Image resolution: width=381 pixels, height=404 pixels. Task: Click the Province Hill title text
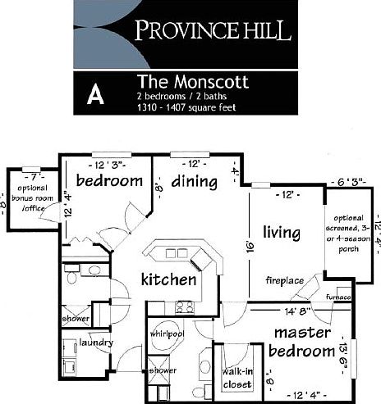213,32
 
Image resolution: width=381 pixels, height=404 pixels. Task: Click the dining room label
195,180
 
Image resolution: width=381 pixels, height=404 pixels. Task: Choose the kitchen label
168,279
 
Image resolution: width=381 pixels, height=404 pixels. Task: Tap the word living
281,233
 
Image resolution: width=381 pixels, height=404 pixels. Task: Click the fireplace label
285,281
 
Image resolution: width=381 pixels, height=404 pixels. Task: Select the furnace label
338,295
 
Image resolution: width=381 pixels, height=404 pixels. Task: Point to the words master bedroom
301,342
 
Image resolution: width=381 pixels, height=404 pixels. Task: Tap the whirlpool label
166,334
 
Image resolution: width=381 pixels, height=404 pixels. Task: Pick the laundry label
96,343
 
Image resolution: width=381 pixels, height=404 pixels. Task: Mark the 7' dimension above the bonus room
33,176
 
